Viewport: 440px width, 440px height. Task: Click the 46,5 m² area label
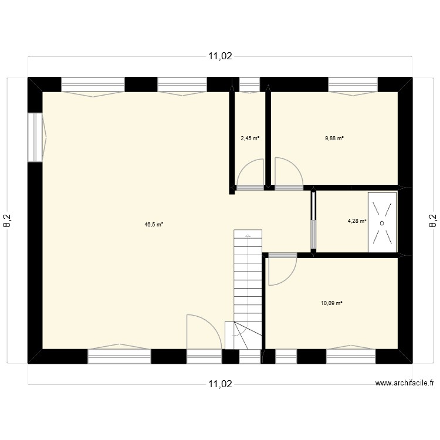[x=154, y=224]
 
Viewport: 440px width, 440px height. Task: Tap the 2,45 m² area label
[x=250, y=139]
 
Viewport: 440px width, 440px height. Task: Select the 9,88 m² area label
[x=334, y=139]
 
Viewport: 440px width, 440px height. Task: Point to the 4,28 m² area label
[x=357, y=221]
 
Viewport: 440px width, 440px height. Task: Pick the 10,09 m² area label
[x=331, y=303]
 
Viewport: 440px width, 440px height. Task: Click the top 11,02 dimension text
[x=220, y=57]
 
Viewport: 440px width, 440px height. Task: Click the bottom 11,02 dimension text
[x=220, y=384]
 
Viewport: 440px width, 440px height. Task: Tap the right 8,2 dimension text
[x=433, y=220]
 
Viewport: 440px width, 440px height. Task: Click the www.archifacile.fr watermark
[x=405, y=383]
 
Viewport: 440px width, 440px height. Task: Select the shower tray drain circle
[x=382, y=223]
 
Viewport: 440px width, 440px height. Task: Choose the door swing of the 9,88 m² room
[x=287, y=172]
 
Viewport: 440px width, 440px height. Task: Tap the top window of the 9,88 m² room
[x=352, y=86]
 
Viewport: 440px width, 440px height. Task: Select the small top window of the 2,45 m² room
[x=250, y=86]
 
